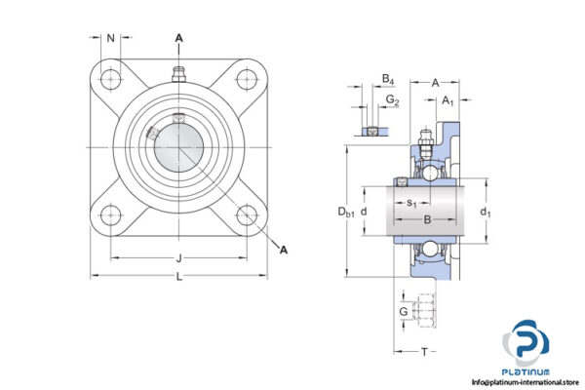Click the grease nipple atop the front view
tap(178, 73)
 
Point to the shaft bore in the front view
tap(178, 146)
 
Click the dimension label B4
tap(387, 78)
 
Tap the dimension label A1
tap(448, 99)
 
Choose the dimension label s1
tap(411, 204)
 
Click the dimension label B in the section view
tap(425, 220)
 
